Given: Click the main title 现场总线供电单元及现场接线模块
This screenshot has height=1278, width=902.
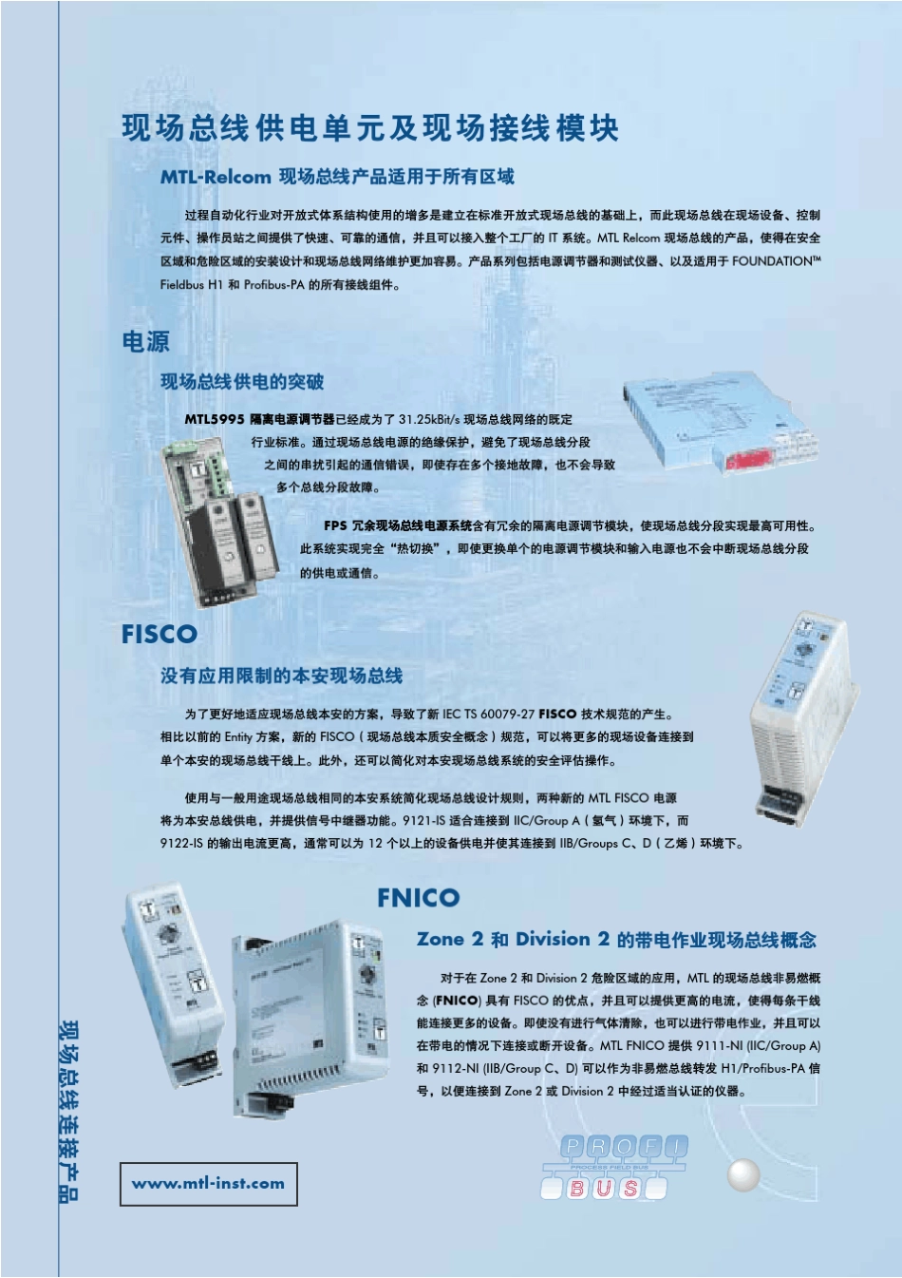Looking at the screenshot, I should click(370, 128).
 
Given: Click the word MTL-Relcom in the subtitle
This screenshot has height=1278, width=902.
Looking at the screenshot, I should click(216, 177).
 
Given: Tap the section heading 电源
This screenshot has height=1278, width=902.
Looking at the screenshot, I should click(145, 341).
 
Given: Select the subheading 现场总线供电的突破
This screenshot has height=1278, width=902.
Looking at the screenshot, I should click(242, 382).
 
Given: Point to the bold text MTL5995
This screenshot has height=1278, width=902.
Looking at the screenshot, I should click(215, 419).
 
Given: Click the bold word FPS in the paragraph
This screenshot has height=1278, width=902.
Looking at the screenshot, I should click(335, 525).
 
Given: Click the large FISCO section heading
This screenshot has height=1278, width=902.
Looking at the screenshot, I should click(160, 634).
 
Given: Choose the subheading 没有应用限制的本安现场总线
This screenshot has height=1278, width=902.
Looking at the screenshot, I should click(281, 676).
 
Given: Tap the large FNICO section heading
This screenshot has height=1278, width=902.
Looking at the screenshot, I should click(418, 898).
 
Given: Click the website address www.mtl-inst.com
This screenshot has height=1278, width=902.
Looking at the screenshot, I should click(208, 1184).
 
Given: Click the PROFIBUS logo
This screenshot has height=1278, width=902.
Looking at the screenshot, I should click(613, 1167).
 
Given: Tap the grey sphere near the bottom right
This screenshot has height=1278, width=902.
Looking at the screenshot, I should click(744, 1175).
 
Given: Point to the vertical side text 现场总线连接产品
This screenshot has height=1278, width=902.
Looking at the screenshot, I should click(69, 1112).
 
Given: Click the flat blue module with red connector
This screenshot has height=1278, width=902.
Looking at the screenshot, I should click(722, 423).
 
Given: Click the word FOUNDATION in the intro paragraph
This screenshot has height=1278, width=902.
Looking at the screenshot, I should click(772, 261).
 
